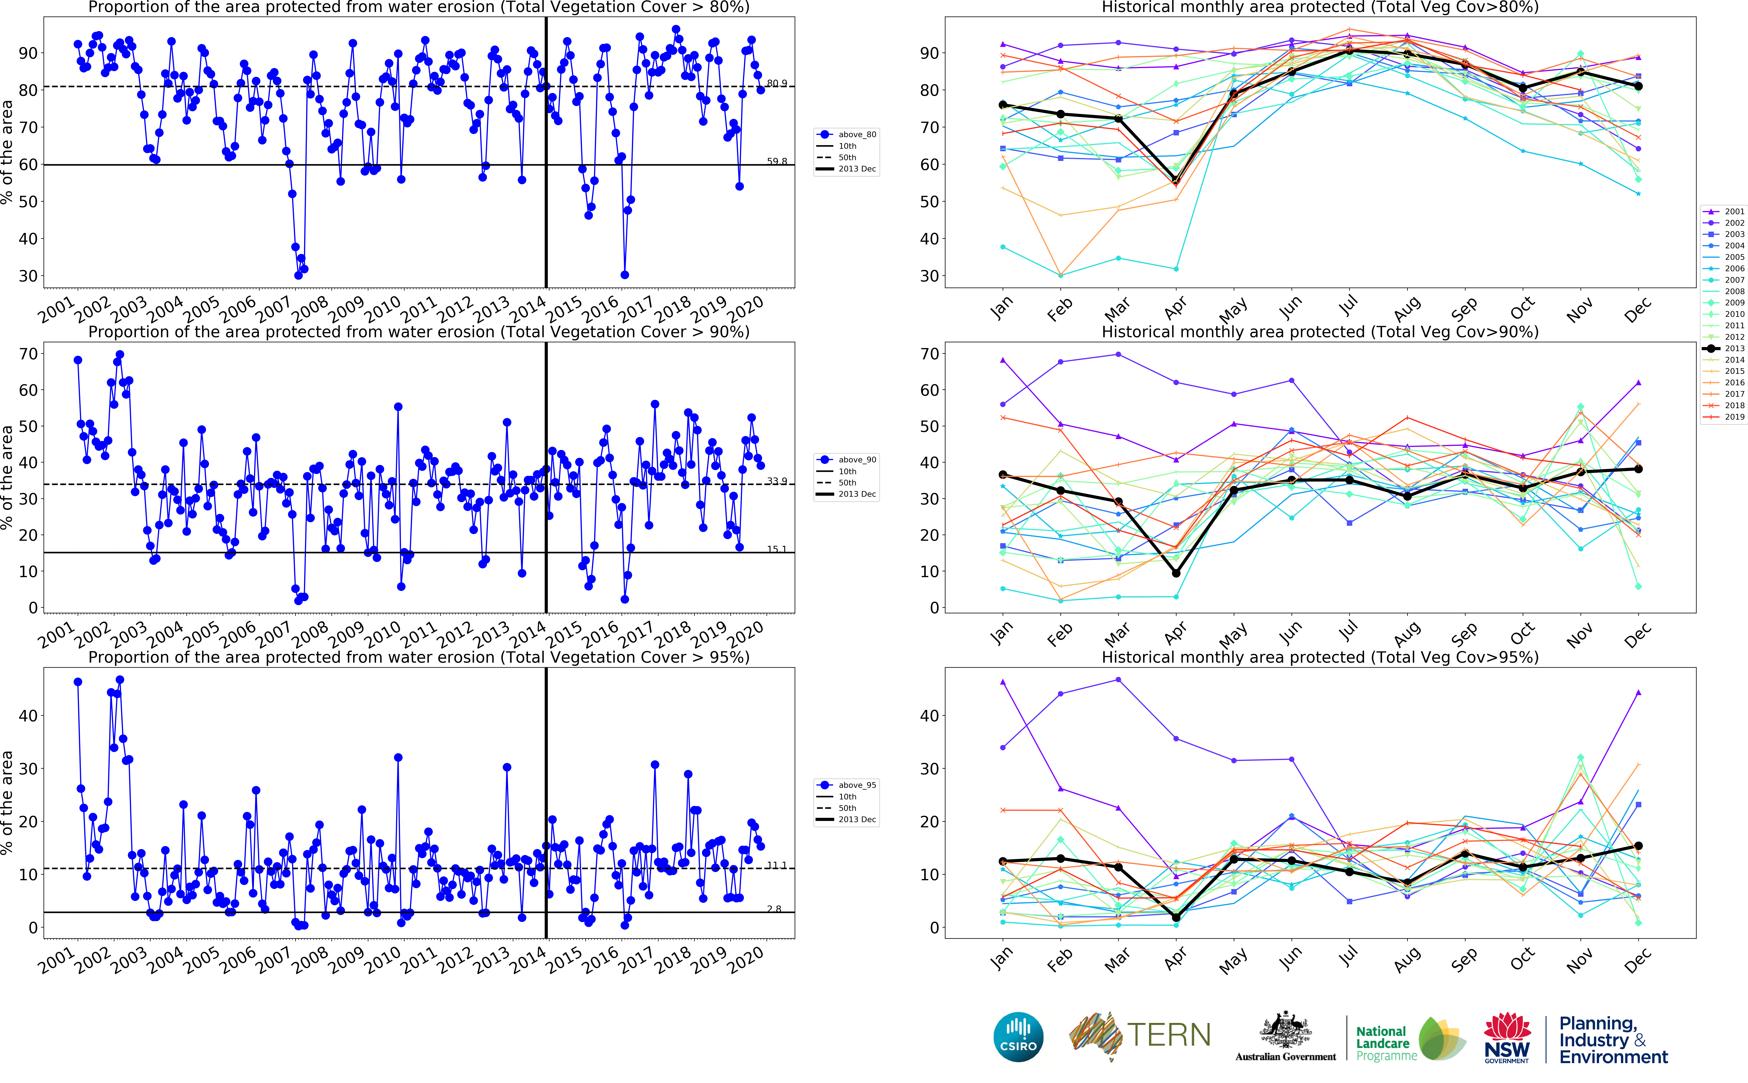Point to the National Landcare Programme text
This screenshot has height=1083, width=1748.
coord(1386,1043)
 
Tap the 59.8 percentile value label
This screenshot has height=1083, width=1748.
coord(776,161)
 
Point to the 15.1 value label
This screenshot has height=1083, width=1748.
coord(776,549)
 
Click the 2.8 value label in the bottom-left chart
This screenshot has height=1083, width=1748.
coord(774,909)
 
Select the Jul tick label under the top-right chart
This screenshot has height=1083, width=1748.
coord(1348,306)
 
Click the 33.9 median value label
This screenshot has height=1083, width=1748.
coord(776,481)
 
